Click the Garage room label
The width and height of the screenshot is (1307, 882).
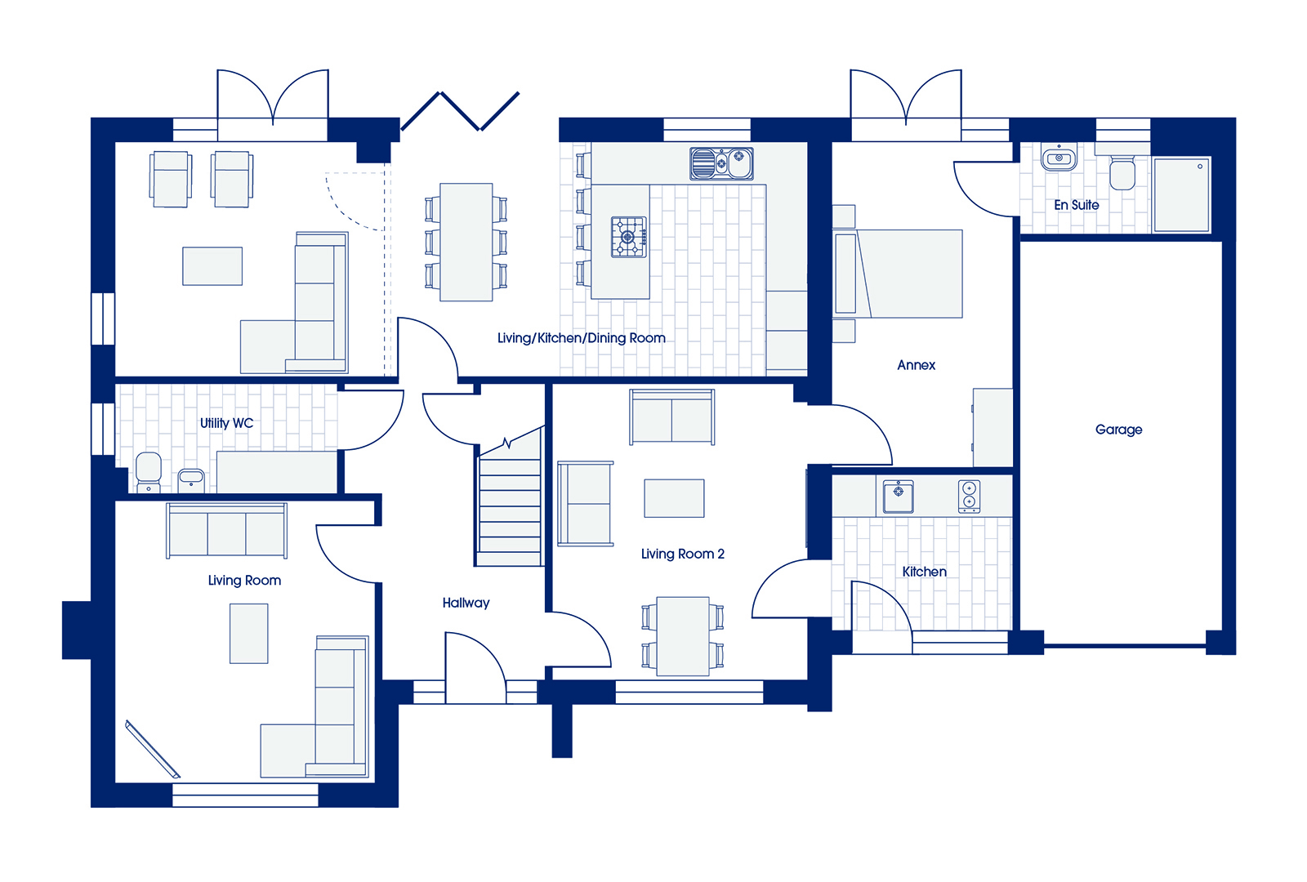(1118, 430)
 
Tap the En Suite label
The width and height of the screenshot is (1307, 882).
(1076, 205)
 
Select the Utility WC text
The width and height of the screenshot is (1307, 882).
(226, 424)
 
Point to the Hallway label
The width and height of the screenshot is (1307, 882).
(466, 604)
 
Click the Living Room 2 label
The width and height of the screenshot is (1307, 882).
(683, 555)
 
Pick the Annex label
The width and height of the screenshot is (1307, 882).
(916, 365)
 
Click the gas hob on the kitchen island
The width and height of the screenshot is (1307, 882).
(628, 237)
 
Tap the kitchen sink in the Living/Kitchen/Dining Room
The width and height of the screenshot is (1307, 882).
(721, 163)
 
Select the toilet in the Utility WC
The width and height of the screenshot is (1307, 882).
(148, 473)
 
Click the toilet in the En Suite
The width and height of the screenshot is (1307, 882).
(1122, 172)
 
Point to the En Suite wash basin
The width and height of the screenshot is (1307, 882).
(1059, 158)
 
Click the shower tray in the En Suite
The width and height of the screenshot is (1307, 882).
(1181, 194)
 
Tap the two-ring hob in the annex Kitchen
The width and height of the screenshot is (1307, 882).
(969, 497)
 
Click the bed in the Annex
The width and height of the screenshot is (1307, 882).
(898, 274)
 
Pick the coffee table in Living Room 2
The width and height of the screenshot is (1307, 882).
(674, 498)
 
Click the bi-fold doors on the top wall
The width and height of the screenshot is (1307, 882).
(460, 111)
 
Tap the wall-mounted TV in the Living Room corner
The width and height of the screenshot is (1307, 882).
(152, 750)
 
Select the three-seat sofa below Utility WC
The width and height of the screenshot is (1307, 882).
(226, 531)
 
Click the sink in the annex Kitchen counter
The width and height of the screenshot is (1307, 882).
(898, 497)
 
